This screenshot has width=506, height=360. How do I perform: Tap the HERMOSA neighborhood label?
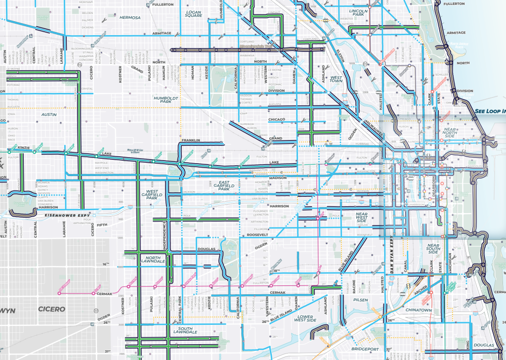coord(129,17)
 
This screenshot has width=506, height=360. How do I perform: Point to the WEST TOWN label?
coord(336,81)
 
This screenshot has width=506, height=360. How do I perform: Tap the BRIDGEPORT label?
coord(365,349)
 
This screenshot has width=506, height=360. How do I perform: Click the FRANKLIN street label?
coord(191,140)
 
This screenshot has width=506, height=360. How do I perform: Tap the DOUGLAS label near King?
coord(483,345)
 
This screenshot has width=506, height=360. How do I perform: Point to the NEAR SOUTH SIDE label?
coord(433,249)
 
